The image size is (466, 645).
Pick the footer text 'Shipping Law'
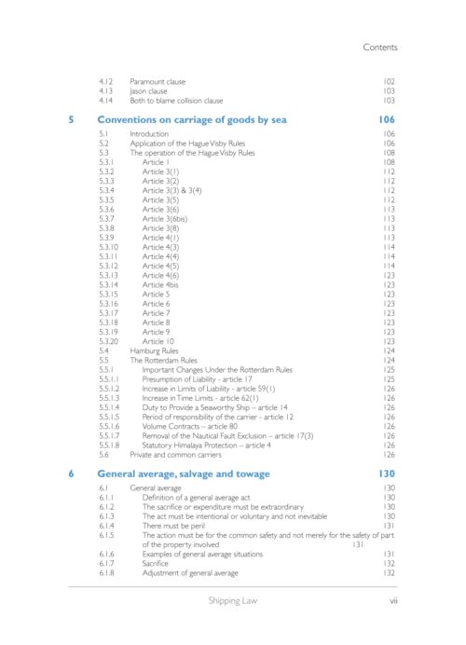click(233, 601)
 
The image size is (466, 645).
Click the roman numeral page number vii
click(393, 601)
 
